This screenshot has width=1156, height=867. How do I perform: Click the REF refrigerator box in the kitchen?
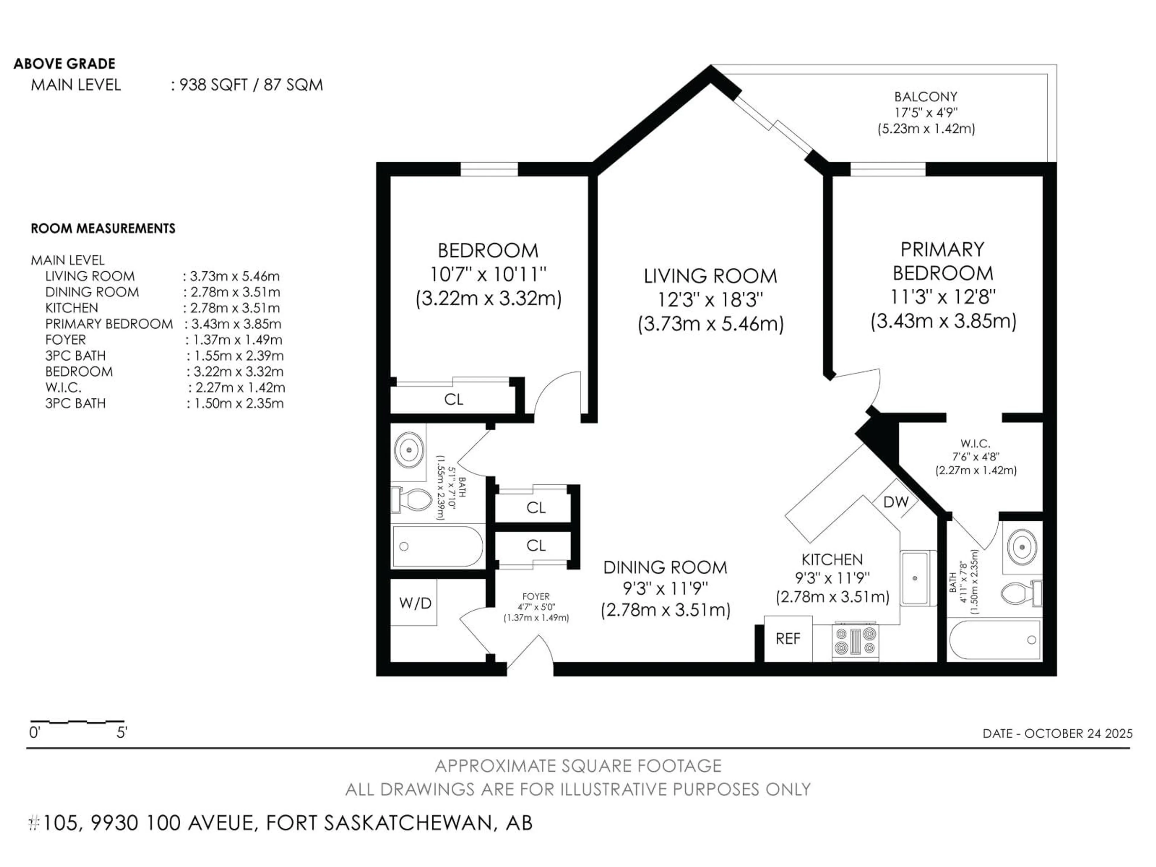click(788, 639)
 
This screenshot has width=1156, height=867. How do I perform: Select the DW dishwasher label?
click(896, 502)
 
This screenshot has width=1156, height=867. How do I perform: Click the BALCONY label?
click(925, 97)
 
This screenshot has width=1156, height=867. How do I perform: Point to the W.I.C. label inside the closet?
click(975, 444)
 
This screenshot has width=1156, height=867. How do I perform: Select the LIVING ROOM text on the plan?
click(710, 276)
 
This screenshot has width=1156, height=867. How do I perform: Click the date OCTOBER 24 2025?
click(1078, 733)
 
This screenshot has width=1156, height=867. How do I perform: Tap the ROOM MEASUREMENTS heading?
click(103, 228)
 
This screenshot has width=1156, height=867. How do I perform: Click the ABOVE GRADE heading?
click(64, 64)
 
